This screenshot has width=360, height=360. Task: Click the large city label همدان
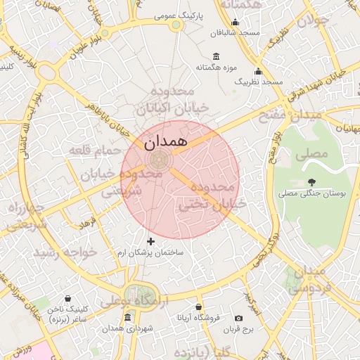[165, 142]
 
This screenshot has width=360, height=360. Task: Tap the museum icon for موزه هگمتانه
[215, 56]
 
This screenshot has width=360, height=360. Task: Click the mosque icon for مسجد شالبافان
[235, 22]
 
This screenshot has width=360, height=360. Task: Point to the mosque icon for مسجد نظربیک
[258, 72]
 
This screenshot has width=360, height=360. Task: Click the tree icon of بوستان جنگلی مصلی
[309, 181]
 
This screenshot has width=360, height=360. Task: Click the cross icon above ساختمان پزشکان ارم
[150, 241]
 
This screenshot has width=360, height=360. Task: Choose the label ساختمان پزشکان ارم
[150, 252]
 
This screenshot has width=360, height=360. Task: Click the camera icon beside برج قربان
[238, 319]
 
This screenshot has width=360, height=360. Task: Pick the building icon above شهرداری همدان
[127, 318]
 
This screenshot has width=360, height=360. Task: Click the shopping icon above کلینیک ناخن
[67, 299]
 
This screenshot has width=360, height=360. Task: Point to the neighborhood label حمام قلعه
[90, 150]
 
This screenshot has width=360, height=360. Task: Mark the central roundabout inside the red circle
[159, 160]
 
